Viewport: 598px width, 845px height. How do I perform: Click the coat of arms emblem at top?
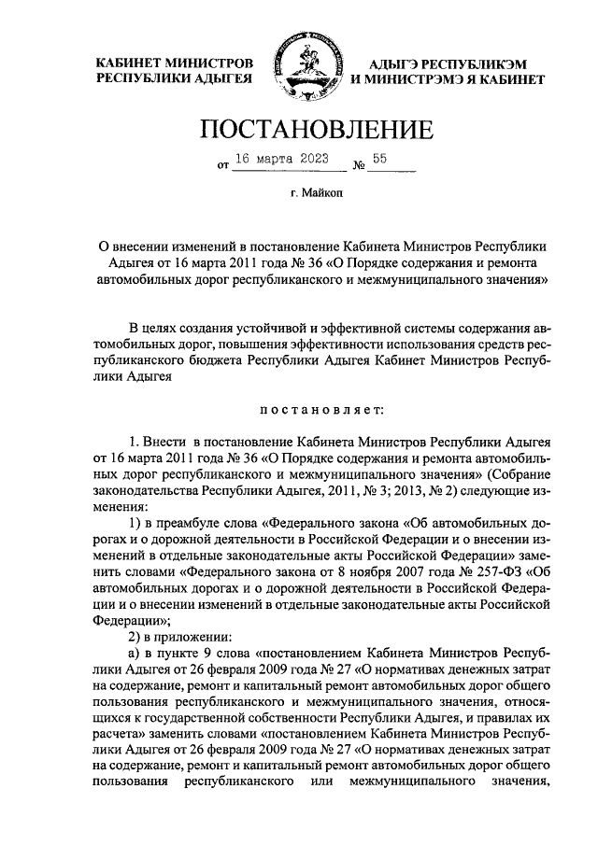(x=299, y=67)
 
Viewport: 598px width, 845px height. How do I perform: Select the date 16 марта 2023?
(x=281, y=160)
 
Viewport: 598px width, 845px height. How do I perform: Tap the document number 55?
(x=379, y=159)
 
